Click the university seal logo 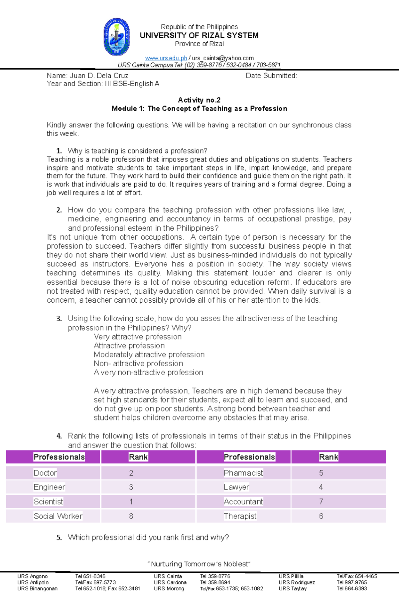pyautogui.click(x=116, y=37)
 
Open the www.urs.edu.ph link pyautogui.click(x=166, y=58)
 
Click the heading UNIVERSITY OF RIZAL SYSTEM pyautogui.click(x=199, y=35)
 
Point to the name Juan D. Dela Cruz pyautogui.click(x=99, y=76)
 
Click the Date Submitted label pyautogui.click(x=271, y=76)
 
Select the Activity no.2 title pyautogui.click(x=199, y=100)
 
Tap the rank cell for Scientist pyautogui.click(x=131, y=501)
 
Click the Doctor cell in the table pyautogui.click(x=45, y=473)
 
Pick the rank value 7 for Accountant pyautogui.click(x=321, y=501)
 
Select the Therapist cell pyautogui.click(x=240, y=516)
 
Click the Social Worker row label pyautogui.click(x=58, y=516)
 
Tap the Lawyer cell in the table pyautogui.click(x=236, y=487)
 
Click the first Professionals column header pyautogui.click(x=59, y=457)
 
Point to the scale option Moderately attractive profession pyautogui.click(x=149, y=355)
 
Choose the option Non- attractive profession pyautogui.click(x=138, y=364)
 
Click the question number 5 pyautogui.click(x=59, y=537)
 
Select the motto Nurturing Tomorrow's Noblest pyautogui.click(x=199, y=564)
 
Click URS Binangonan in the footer pyautogui.click(x=37, y=588)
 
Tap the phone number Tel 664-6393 pyautogui.click(x=351, y=588)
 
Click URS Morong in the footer pyautogui.click(x=169, y=588)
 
